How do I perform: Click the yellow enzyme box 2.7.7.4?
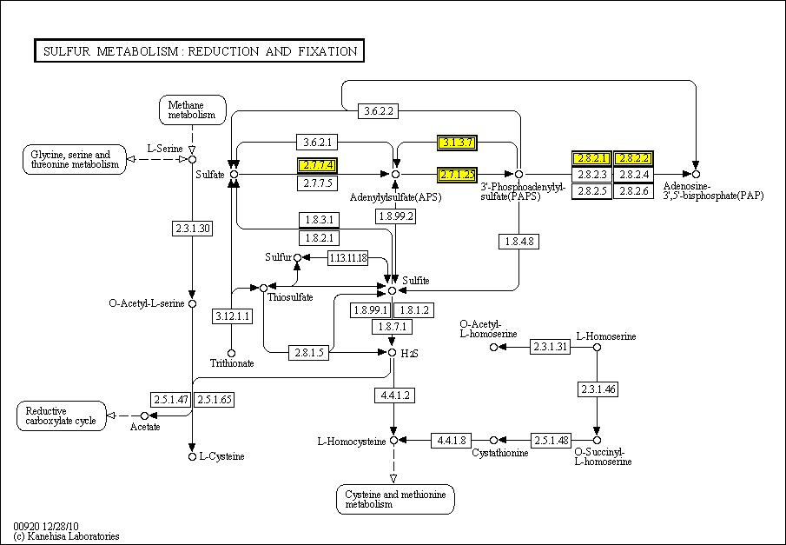pos(316,165)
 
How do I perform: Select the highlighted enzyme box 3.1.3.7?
pos(457,143)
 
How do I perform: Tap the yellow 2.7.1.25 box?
pos(457,175)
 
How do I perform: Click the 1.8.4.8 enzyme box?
pos(518,241)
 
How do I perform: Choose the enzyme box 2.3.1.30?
pos(192,229)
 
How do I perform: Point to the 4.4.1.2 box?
pos(393,395)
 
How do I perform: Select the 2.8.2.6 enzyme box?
pos(632,191)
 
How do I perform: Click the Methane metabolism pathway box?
pos(192,110)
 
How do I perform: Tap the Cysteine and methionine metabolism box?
pos(395,499)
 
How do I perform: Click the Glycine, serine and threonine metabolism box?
pos(72,160)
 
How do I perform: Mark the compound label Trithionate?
pos(232,363)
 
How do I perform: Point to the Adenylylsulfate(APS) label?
pos(396,197)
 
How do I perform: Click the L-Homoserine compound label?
pos(605,336)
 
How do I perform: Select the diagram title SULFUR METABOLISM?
pos(199,51)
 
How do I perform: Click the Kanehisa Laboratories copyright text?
pos(66,536)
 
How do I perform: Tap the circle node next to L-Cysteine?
pos(192,456)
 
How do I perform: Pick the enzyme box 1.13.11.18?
pos(347,258)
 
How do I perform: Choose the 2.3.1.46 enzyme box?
pos(597,389)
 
